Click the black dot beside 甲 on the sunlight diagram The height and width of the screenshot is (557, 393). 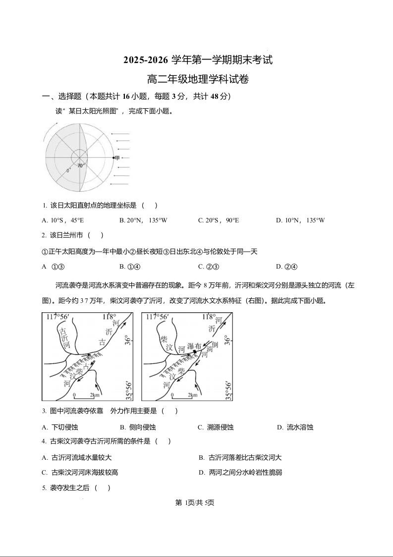[x=113, y=158]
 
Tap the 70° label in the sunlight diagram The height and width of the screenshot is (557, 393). [x=80, y=165]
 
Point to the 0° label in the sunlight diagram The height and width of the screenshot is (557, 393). [x=69, y=171]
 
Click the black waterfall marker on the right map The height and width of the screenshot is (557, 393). [x=195, y=352]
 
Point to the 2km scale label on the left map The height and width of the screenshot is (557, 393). [x=95, y=395]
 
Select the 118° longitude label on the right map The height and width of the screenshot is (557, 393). [x=209, y=316]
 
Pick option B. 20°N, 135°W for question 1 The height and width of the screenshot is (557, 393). [x=143, y=220]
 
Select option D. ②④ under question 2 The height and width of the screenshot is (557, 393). [x=286, y=267]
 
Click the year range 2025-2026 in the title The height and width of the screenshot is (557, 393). [x=146, y=61]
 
